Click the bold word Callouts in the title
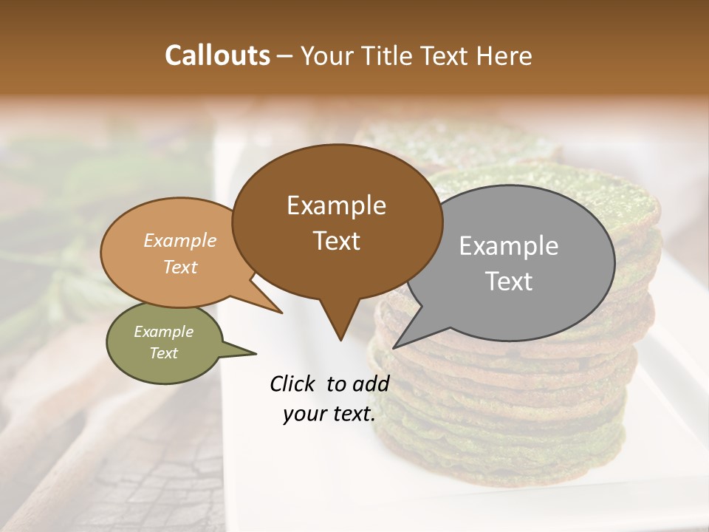217,55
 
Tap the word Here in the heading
504,55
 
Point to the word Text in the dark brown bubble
336,240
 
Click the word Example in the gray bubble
509,246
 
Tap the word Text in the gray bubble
509,281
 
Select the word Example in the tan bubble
179,240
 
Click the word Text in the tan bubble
179,267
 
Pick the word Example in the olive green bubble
163,332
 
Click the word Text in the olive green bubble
163,353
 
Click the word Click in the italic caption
294,383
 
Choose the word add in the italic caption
371,383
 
